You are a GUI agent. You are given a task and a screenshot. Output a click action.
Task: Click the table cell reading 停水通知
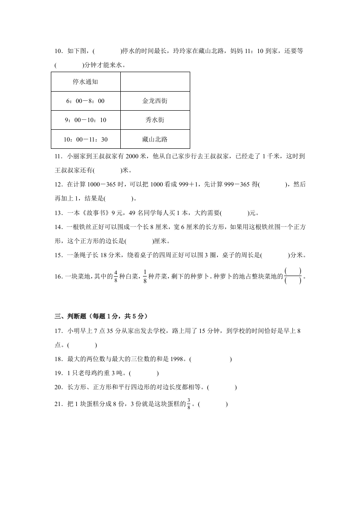pos(85,82)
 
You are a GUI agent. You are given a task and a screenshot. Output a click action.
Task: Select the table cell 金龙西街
pos(154,101)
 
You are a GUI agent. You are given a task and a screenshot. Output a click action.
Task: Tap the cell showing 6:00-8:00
pos(85,101)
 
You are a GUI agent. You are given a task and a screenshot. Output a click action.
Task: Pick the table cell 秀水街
pos(154,120)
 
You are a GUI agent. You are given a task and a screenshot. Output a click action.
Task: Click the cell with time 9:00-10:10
pos(85,120)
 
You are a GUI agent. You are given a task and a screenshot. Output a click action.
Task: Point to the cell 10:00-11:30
pos(85,139)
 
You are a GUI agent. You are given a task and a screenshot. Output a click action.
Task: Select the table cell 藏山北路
pos(154,139)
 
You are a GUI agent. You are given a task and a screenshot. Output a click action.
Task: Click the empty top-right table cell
pos(154,82)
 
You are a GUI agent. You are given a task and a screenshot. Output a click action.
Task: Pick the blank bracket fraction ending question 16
pos(293,276)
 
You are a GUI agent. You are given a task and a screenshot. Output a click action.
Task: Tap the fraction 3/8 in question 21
pos(189,404)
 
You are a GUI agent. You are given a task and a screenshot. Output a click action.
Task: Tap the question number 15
pos(58,255)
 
